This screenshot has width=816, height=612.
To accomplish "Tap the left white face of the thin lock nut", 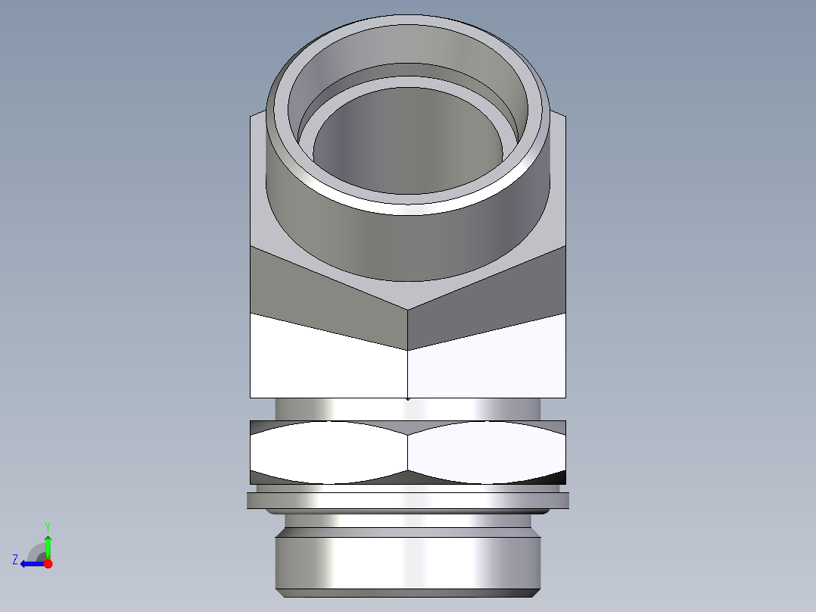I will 329,452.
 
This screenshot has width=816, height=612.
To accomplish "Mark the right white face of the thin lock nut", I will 484,452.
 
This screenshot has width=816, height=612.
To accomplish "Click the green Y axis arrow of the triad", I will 48,545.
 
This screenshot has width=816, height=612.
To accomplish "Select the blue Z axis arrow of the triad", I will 30,564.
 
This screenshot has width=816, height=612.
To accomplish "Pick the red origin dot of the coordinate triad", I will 48,564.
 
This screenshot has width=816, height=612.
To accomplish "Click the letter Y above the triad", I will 47,526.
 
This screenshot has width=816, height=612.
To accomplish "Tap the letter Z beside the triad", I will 15,560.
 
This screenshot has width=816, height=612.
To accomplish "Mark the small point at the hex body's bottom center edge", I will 408,398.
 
